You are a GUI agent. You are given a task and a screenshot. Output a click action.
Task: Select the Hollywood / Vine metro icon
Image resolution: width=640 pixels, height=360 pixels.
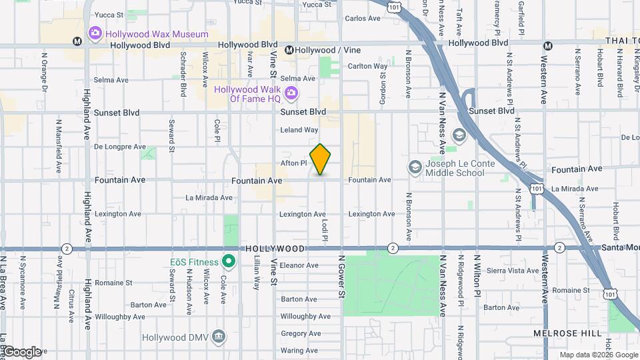pos(289,50)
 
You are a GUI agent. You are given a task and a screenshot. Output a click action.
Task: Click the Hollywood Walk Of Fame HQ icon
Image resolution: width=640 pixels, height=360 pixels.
pos(291,93)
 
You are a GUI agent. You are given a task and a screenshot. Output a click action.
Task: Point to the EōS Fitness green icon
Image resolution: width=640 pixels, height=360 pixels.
pos(229,261)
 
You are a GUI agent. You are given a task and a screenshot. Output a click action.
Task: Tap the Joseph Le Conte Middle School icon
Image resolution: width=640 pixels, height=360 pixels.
pos(415,167)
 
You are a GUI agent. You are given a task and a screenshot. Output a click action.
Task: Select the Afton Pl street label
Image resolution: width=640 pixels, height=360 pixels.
pos(293,163)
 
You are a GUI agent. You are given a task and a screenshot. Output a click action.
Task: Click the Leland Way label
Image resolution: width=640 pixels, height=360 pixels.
pos(299,129)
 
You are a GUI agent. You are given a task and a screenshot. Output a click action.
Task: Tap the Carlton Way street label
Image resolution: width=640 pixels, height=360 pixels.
pos(367,66)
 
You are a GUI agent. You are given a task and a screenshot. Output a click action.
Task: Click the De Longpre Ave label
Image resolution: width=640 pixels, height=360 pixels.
pos(120,146)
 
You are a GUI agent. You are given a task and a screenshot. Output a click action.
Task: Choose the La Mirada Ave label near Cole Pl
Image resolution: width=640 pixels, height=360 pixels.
pos(209,197)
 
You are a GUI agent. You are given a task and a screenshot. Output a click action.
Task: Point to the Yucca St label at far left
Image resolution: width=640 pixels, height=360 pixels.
pos(110,14)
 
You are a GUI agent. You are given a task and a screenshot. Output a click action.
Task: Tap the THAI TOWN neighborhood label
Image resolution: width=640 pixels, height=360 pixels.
pos(622,41)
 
